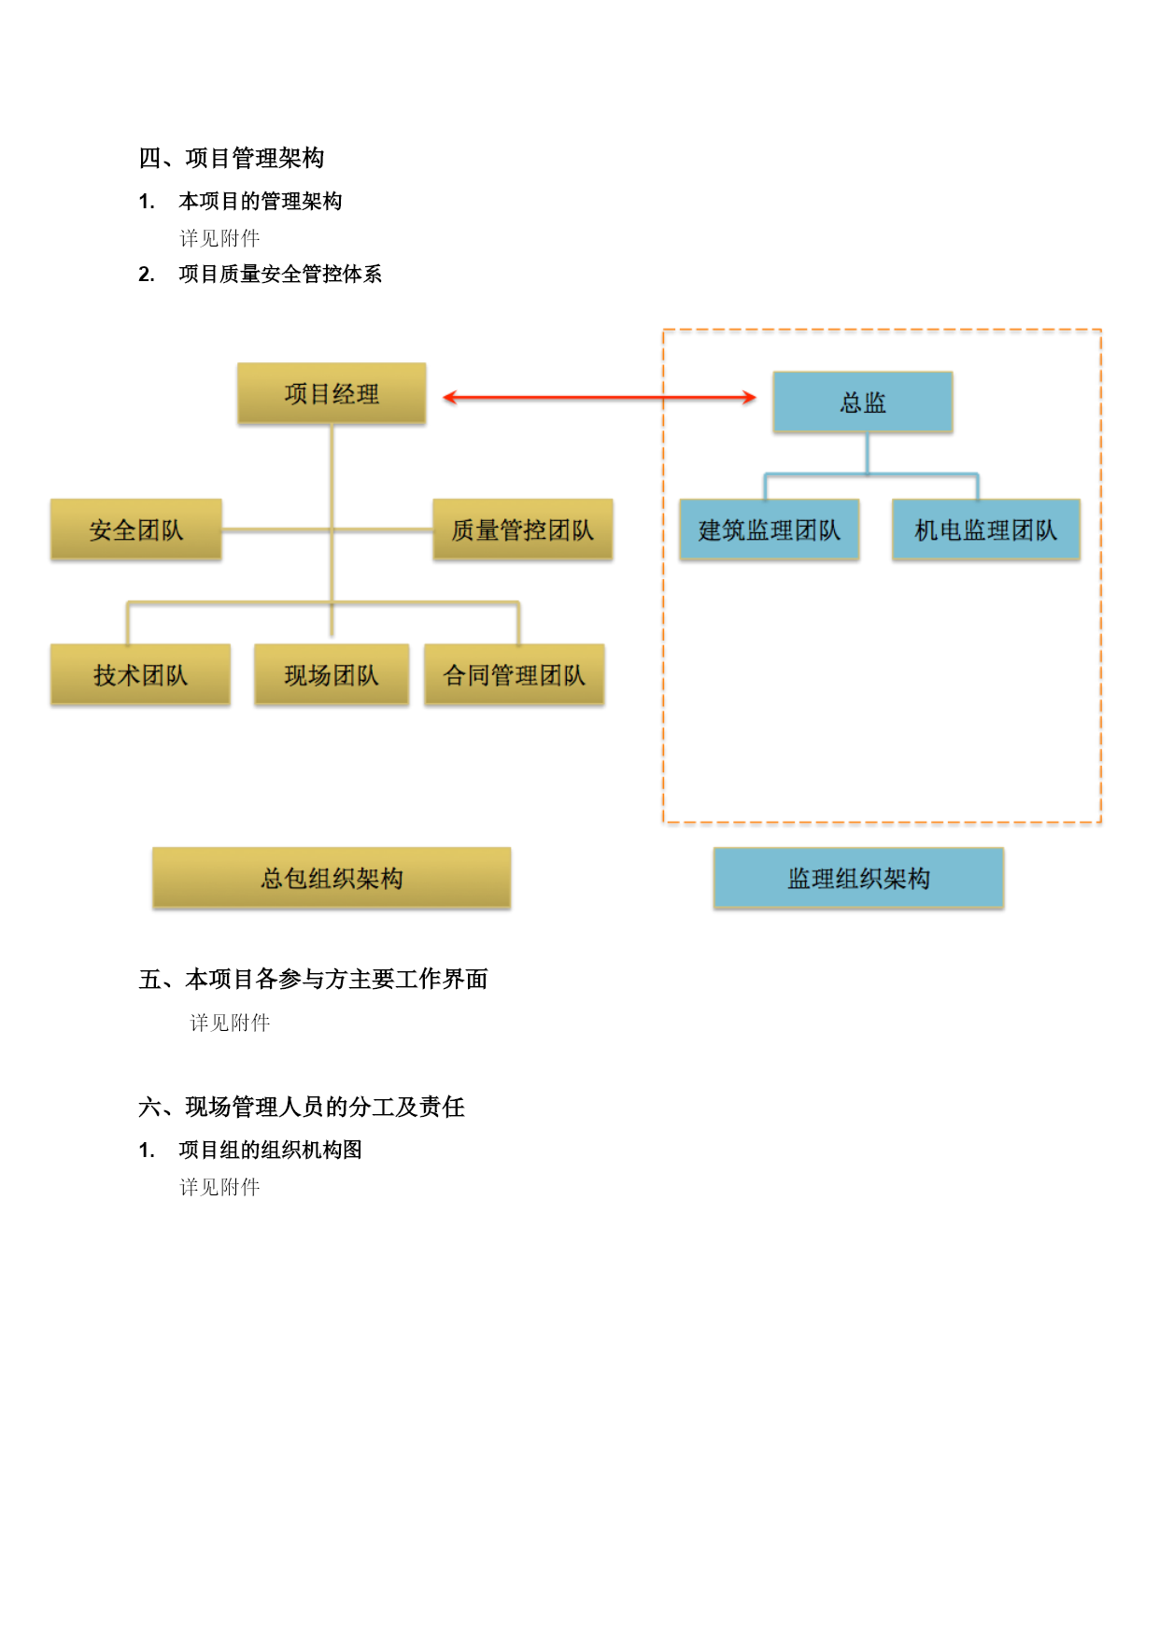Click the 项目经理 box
click(x=332, y=394)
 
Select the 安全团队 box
click(x=136, y=530)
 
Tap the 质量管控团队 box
click(x=522, y=530)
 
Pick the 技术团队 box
click(x=140, y=674)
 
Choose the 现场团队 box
click(x=332, y=674)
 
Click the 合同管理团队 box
click(x=514, y=674)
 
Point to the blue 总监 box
click(x=863, y=402)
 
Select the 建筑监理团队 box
click(x=770, y=530)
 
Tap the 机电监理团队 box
click(x=986, y=530)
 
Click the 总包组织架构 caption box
click(x=332, y=878)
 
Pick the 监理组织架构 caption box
click(x=858, y=878)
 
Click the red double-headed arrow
click(x=599, y=397)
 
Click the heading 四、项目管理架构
click(x=232, y=158)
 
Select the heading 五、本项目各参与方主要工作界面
click(x=313, y=979)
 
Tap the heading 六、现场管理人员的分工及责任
click(x=302, y=1107)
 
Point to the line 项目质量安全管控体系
click(x=280, y=274)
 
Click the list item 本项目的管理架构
click(x=261, y=201)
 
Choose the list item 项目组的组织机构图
click(x=271, y=1150)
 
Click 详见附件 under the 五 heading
click(x=230, y=1023)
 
